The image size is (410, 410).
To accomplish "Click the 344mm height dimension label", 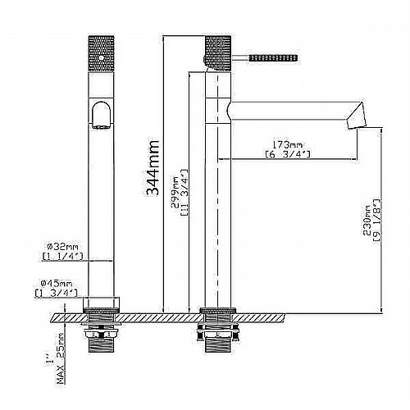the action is [153, 168].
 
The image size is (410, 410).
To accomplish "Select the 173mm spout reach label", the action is [288, 144].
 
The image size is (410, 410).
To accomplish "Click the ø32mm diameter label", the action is [62, 247].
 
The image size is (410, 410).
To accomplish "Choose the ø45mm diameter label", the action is [57, 283].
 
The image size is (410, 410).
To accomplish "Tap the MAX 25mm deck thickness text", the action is [61, 358].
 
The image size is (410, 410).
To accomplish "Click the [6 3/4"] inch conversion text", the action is [288, 154].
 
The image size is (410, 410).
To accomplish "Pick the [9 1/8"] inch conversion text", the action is [377, 220].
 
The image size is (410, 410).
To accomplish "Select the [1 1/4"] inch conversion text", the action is [62, 257].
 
